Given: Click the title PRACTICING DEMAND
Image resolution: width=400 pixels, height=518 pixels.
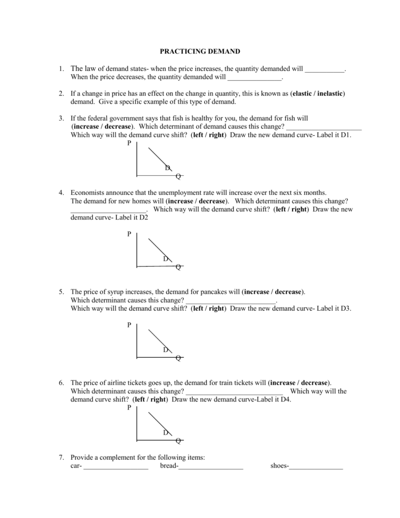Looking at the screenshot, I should coord(200,51).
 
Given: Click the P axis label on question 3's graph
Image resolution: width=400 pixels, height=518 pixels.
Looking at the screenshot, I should coord(129,143).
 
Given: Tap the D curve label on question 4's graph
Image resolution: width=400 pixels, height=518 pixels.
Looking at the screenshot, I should coord(166,258).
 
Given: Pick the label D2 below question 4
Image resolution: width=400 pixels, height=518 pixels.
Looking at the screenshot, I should coord(143,218).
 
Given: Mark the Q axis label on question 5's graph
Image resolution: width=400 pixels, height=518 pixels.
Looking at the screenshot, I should coord(178,358).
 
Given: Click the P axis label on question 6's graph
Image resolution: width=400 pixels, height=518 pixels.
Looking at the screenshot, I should coord(129,408).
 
